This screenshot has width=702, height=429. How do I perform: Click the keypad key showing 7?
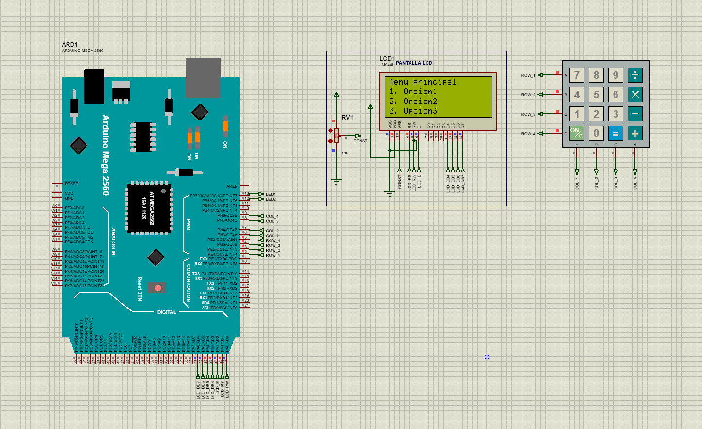577,75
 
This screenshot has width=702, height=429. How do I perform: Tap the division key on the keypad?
635,75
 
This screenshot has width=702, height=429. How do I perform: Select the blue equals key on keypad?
616,133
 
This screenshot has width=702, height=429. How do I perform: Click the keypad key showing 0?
596,133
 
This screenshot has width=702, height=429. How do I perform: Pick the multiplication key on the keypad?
635,94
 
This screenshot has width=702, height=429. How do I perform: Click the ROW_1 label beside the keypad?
528,75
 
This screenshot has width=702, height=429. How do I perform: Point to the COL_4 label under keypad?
635,183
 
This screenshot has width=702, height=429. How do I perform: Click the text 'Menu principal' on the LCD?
422,82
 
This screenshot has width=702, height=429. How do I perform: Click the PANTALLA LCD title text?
414,63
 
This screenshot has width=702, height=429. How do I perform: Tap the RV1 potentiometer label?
347,118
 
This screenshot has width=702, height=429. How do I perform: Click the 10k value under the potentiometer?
345,153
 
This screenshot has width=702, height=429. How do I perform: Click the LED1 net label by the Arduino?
271,194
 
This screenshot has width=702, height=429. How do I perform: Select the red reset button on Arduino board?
158,288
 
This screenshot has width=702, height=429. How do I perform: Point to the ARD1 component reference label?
70,45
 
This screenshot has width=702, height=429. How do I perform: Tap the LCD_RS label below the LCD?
409,182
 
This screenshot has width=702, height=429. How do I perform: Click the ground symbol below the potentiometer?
336,182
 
